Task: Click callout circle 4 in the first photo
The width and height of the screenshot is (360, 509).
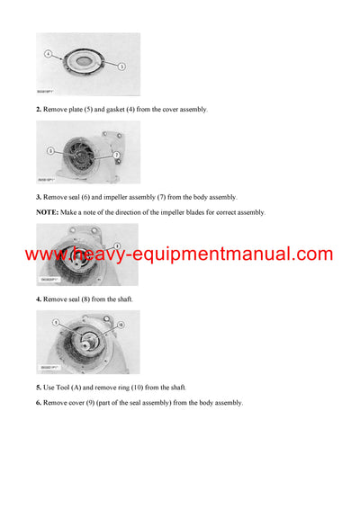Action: [48, 54]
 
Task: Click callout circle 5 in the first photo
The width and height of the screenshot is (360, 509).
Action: [121, 66]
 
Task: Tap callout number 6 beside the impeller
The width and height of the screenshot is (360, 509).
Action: [49, 150]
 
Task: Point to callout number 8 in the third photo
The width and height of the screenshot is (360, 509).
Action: [117, 246]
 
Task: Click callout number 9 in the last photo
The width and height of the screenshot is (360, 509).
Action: [56, 322]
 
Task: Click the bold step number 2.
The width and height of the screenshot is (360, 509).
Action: [39, 109]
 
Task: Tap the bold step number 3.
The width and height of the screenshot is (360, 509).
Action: [39, 196]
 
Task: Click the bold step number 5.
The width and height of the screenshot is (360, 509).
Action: [39, 387]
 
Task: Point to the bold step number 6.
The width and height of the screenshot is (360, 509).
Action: [39, 402]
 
